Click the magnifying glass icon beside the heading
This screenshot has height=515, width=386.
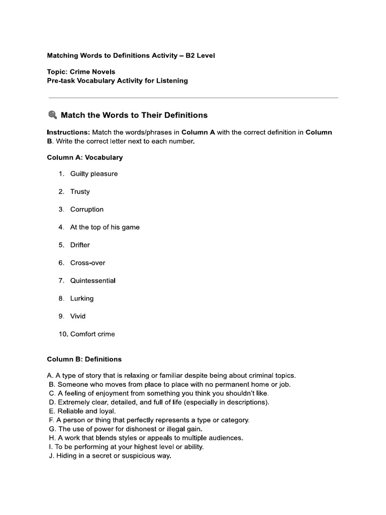click(x=52, y=115)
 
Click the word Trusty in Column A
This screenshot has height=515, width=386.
click(x=80, y=192)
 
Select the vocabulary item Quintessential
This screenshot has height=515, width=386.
click(x=92, y=281)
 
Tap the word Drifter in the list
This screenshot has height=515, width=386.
click(x=80, y=245)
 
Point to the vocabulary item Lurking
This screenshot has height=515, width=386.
click(x=82, y=298)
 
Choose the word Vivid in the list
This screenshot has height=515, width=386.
click(x=78, y=316)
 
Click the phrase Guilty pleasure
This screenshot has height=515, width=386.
click(x=94, y=174)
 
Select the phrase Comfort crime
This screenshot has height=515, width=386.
click(x=92, y=334)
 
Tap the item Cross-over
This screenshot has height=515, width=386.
click(x=87, y=263)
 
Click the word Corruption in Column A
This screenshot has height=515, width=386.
click(x=87, y=210)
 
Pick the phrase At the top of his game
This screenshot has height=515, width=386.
click(x=105, y=227)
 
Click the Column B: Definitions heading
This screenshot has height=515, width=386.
click(x=84, y=359)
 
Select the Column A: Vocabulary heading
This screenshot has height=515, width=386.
click(x=84, y=157)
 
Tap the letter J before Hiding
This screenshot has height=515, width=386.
click(x=51, y=456)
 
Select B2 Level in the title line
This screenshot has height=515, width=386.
click(x=200, y=56)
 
